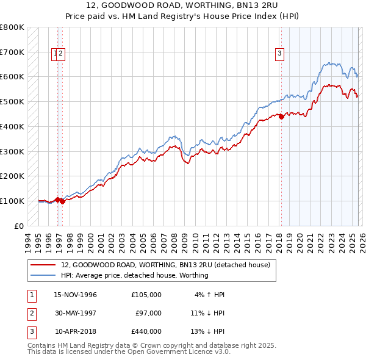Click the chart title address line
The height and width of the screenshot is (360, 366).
pyautogui.click(x=182, y=5)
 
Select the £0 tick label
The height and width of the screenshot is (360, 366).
pyautogui.click(x=20, y=226)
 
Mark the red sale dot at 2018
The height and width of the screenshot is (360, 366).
pyautogui.click(x=281, y=117)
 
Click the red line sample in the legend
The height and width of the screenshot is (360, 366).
pyautogui.click(x=44, y=265)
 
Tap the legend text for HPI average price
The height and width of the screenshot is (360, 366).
pyautogui.click(x=135, y=275)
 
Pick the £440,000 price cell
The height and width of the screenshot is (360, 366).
pyautogui.click(x=146, y=331)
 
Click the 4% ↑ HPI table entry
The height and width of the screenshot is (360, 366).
pyautogui.click(x=210, y=295)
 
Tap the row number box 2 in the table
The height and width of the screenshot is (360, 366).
pyautogui.click(x=31, y=313)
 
